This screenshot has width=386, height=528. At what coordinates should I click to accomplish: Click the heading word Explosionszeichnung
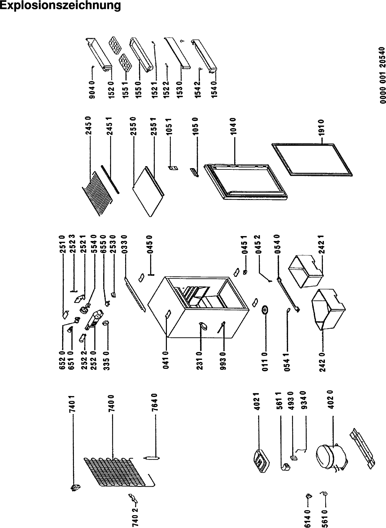60,6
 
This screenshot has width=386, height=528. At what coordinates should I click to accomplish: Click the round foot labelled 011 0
265,310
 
